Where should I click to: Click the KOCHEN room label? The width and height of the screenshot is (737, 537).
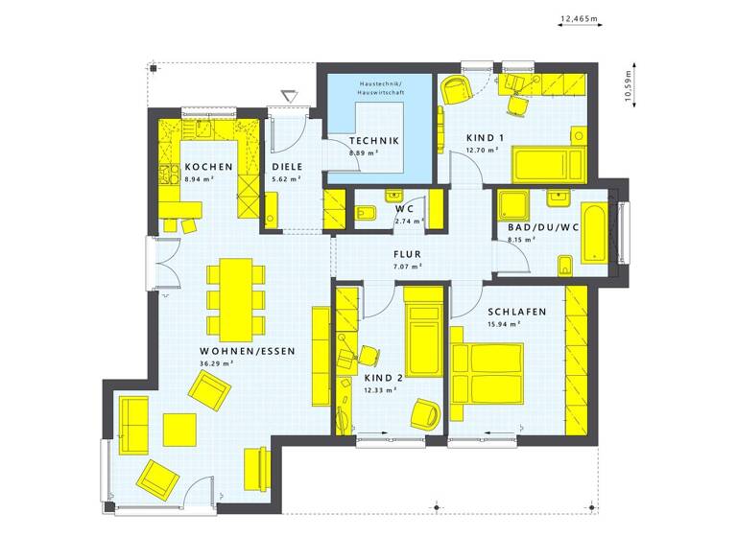click(x=209, y=165)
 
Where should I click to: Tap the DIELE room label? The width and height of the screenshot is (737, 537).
click(x=287, y=165)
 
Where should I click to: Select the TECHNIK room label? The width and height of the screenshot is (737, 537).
click(x=373, y=141)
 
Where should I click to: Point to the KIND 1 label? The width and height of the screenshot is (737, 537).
click(x=483, y=137)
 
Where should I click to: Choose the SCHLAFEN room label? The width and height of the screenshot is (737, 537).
click(x=516, y=312)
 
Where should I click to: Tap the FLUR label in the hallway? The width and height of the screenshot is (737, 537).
click(x=408, y=255)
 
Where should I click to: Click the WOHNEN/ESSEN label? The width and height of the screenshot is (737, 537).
click(x=248, y=351)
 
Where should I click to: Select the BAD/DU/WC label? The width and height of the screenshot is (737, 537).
click(x=538, y=228)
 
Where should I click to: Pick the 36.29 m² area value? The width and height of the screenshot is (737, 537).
click(x=216, y=364)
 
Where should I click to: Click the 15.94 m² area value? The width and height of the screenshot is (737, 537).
click(x=504, y=324)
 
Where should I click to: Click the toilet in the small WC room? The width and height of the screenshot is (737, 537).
click(x=366, y=211)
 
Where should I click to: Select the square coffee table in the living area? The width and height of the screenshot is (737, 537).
click(x=178, y=429)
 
